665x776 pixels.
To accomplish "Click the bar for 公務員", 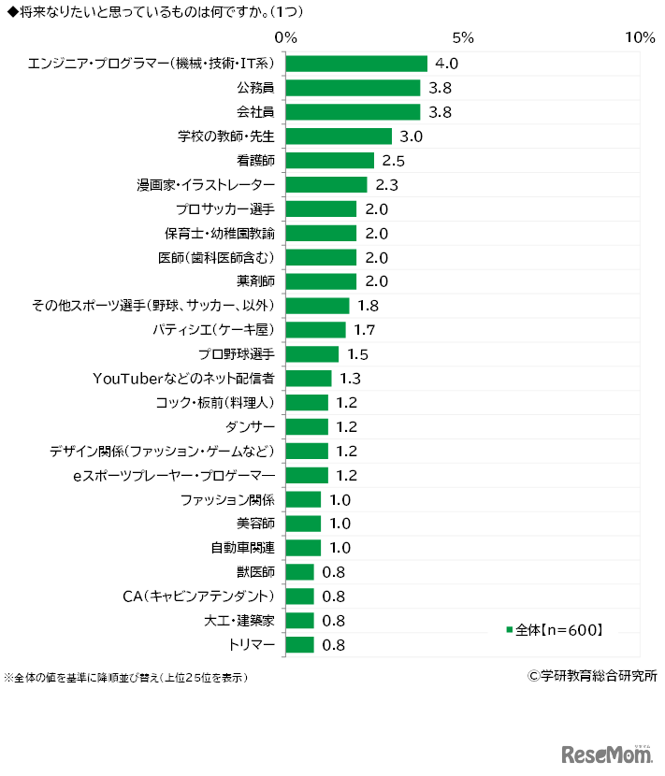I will [x=353, y=88].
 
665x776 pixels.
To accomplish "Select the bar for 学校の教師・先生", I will [x=339, y=137].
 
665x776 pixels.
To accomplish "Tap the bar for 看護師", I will [x=329, y=161].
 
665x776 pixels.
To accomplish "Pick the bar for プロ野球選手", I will [x=311, y=353].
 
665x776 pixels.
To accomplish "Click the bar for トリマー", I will [x=299, y=644].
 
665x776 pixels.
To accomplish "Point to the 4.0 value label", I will [x=447, y=64].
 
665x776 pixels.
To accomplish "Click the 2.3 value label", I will [x=387, y=185].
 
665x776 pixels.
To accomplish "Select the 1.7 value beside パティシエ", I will [x=366, y=329].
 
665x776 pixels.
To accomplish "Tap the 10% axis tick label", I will [x=640, y=37].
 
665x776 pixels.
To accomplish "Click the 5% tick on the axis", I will [x=463, y=37].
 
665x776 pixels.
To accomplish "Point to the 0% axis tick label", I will [x=285, y=37].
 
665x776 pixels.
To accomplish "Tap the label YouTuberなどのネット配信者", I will [x=183, y=378].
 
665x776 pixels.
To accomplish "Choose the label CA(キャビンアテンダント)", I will [x=198, y=596].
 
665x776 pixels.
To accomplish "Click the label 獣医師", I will [x=255, y=571].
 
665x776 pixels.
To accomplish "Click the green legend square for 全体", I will [x=510, y=629].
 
